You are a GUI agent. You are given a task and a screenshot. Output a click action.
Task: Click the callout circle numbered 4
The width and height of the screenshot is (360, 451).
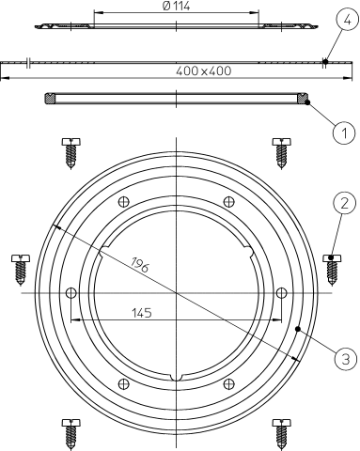click(x=347, y=20)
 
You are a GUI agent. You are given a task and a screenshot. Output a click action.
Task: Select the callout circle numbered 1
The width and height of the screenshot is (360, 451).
click(x=344, y=133)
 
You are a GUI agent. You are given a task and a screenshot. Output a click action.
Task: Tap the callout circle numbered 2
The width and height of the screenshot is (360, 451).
click(x=344, y=203)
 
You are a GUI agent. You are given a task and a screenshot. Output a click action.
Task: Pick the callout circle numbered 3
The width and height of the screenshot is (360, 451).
click(x=345, y=358)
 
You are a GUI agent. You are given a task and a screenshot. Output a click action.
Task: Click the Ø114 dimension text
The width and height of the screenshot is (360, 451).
click(x=177, y=6)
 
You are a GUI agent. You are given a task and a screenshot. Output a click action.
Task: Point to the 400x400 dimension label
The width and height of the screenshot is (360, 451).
click(x=204, y=71)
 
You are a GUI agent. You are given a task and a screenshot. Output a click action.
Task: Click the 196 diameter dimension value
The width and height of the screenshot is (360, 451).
click(x=140, y=265)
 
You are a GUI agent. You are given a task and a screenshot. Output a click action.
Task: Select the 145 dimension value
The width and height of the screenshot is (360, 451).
click(x=142, y=313)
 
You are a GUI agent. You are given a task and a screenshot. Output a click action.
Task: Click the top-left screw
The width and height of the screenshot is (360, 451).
click(x=71, y=153)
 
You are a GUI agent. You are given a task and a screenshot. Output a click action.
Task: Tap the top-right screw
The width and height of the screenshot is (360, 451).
click(x=281, y=153)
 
